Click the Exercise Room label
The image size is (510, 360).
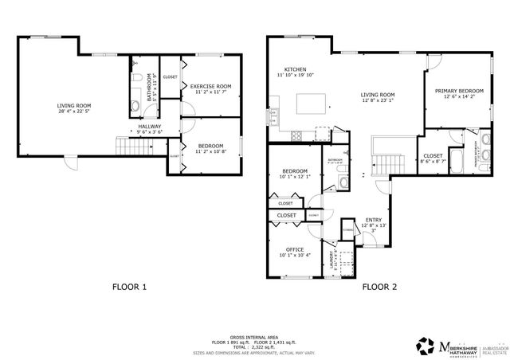click(x=211, y=86)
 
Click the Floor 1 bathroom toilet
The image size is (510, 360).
click(x=136, y=78)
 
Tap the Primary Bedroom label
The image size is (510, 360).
click(x=459, y=92)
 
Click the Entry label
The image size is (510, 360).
click(x=373, y=220)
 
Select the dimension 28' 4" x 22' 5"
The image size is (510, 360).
click(x=73, y=112)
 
